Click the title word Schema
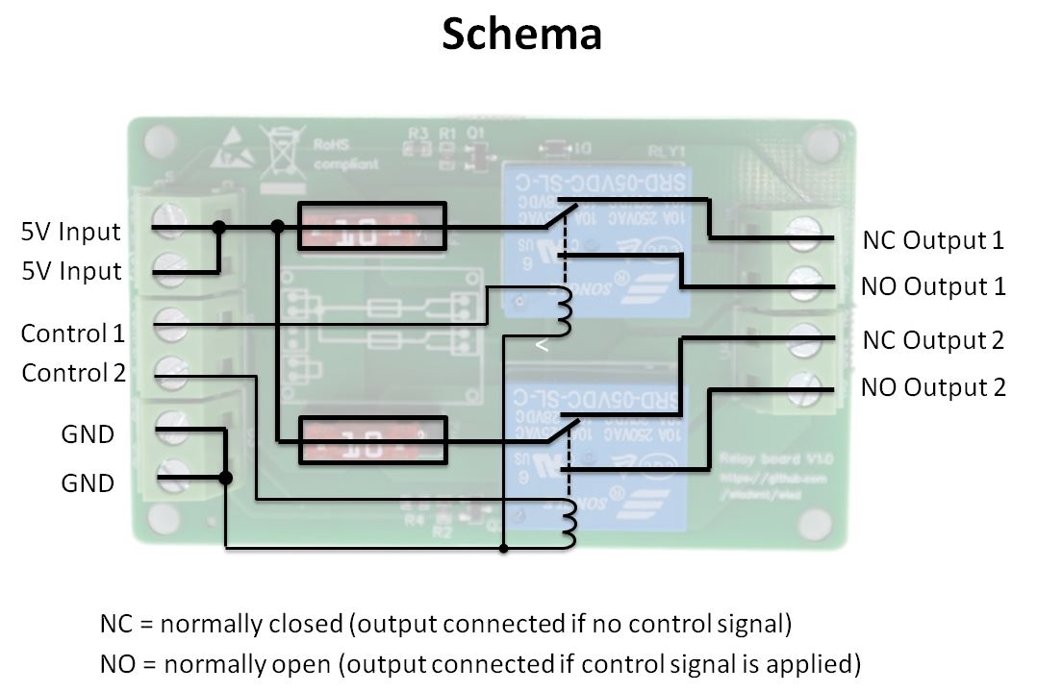point(521,35)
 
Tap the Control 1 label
point(73,334)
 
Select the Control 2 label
point(74,373)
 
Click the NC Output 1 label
point(933,240)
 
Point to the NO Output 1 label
point(933,286)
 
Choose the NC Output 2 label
point(933,340)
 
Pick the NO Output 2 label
point(933,387)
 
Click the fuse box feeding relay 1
point(371,226)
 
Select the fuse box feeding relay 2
point(371,440)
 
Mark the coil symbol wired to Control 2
point(569,519)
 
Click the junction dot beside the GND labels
point(225,478)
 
